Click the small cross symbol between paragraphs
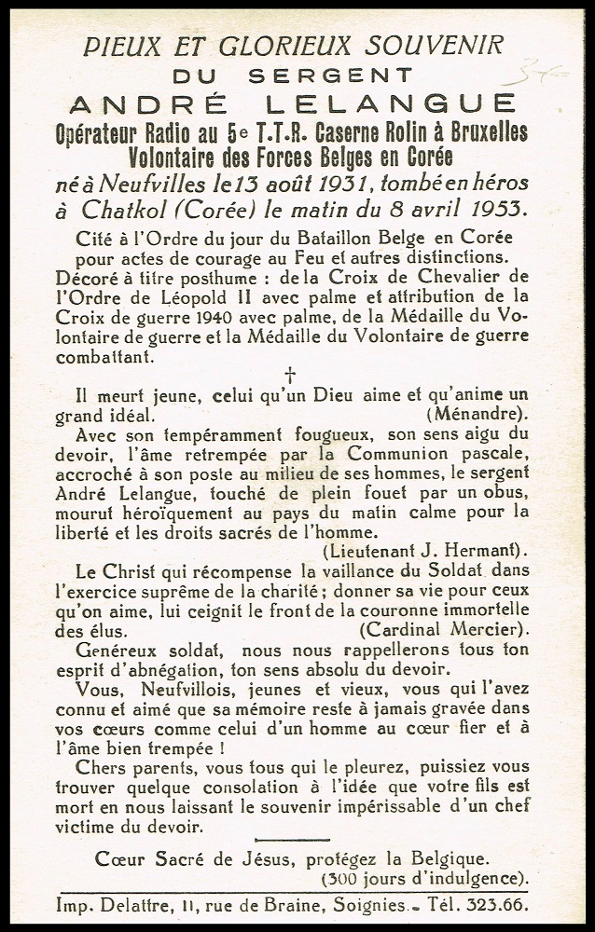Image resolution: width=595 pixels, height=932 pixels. tap(289, 375)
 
